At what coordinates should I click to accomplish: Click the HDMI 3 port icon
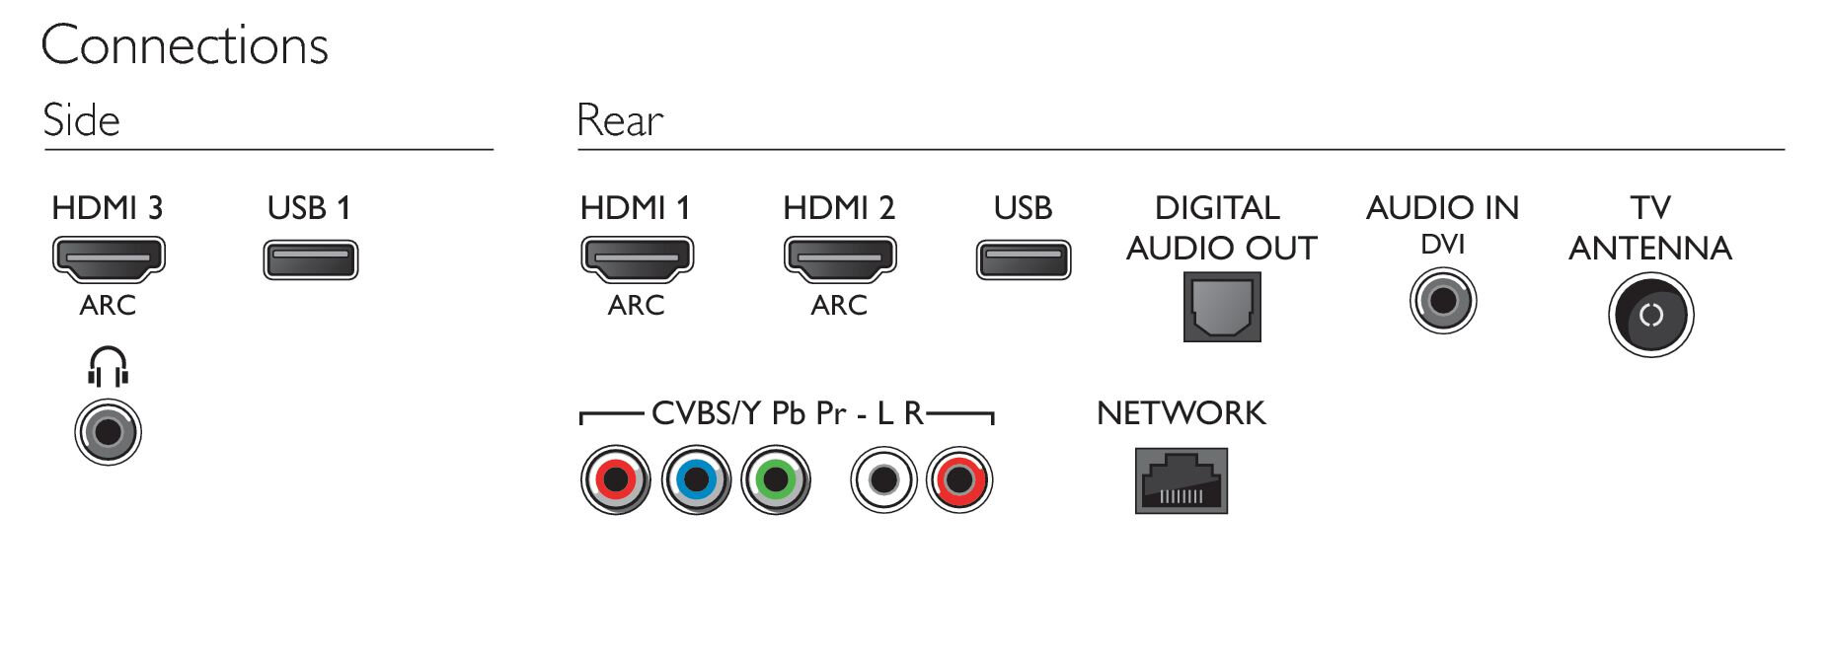tap(109, 259)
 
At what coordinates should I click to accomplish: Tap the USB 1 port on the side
tap(311, 260)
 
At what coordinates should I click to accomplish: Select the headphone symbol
tap(108, 367)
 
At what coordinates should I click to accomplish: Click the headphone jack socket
tap(109, 432)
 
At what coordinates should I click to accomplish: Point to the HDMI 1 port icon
tap(638, 259)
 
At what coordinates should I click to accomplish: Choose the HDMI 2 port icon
tap(840, 259)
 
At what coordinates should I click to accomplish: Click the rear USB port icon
tap(1024, 260)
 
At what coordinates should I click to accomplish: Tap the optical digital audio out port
tap(1222, 307)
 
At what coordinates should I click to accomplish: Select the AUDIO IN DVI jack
tap(1443, 301)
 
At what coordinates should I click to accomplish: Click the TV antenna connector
tap(1651, 316)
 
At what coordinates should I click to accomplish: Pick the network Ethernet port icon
tap(1182, 481)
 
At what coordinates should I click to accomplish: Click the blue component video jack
tap(696, 480)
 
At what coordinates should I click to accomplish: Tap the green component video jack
tap(776, 480)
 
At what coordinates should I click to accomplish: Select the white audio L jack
tap(884, 480)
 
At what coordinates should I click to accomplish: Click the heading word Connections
tap(185, 46)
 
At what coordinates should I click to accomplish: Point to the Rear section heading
tap(620, 120)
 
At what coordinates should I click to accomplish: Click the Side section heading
tap(82, 120)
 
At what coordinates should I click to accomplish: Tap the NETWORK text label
tap(1181, 413)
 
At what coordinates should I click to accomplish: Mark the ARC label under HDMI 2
tap(839, 306)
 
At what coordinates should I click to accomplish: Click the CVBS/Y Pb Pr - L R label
tap(788, 413)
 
